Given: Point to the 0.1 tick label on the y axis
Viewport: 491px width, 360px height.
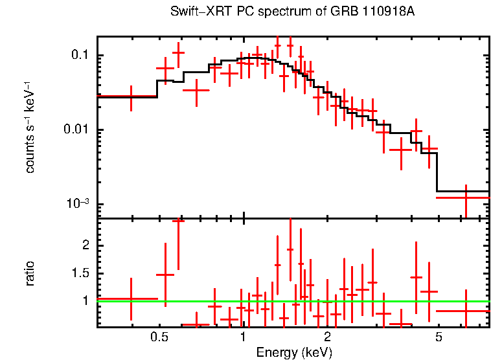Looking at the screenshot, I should pos(79,56).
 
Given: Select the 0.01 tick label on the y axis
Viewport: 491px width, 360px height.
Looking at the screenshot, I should pos(76,130).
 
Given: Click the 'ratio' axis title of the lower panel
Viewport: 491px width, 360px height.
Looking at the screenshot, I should pos(30,273).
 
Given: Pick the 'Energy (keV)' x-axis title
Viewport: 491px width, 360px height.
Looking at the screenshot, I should pos(294,352).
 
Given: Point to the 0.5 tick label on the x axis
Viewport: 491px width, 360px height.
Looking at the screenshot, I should pos(159,337).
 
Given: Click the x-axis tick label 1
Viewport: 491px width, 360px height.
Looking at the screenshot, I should pos(243,337).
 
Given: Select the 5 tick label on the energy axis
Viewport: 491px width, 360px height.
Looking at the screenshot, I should pos(439,337).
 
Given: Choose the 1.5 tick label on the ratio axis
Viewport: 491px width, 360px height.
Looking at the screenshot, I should pos(81,273).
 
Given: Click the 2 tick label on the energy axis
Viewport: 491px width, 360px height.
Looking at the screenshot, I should pos(328,337).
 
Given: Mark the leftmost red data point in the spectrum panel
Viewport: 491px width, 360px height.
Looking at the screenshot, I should pos(131,96).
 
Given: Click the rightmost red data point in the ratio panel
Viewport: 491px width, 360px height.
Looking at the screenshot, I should pos(466,311).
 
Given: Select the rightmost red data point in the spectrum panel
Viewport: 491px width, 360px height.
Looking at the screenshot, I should pos(466,197).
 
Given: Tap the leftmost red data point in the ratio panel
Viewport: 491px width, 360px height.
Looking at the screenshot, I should pos(131,299).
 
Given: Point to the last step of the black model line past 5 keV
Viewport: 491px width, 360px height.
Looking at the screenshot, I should pos(462,192).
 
